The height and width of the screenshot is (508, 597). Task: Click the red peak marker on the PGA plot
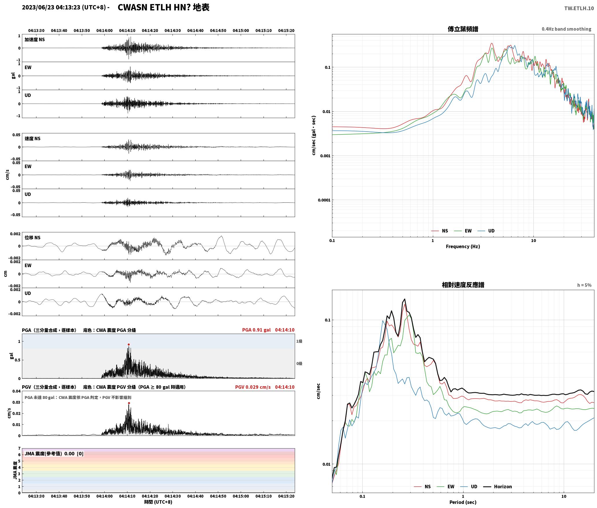click(x=129, y=344)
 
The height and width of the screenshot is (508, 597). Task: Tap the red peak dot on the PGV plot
click(x=129, y=403)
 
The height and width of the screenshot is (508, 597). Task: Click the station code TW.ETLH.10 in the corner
click(x=579, y=8)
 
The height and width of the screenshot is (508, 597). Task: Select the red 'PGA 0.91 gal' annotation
click(x=256, y=330)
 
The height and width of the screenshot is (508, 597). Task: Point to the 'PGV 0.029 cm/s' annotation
click(x=253, y=387)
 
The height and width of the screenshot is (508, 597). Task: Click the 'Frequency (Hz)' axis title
click(x=463, y=246)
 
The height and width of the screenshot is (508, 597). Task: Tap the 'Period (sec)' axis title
click(x=463, y=502)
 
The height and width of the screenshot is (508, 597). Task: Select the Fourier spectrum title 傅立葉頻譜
click(x=463, y=29)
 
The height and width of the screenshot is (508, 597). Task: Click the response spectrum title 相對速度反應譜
click(x=463, y=285)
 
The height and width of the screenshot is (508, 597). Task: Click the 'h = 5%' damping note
click(x=584, y=285)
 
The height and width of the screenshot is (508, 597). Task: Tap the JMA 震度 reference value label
click(x=54, y=453)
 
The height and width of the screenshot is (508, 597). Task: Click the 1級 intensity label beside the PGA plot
click(x=299, y=341)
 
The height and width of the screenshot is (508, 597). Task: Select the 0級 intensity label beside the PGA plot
click(x=299, y=363)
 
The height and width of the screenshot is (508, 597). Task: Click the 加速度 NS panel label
click(x=35, y=40)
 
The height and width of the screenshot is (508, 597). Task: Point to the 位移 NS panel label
click(x=32, y=238)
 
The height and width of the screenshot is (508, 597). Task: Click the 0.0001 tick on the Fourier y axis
click(x=324, y=200)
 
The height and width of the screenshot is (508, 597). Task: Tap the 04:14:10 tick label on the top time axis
click(x=127, y=31)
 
